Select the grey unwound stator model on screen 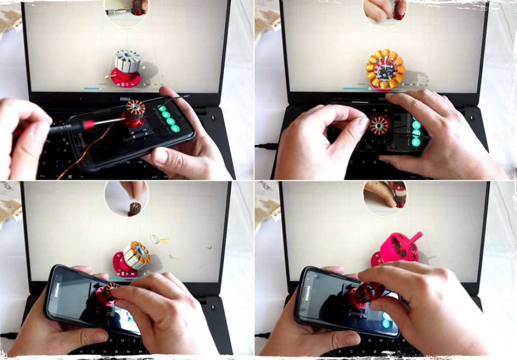pyautogui.click(x=128, y=61)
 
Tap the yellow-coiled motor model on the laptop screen pyautogui.click(x=385, y=69)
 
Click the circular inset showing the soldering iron pyautogui.click(x=126, y=11)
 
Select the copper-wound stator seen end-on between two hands pyautogui.click(x=379, y=125)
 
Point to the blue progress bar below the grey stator pyautogui.click(x=92, y=88)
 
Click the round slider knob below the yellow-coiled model pyautogui.click(x=370, y=89)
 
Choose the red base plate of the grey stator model pyautogui.click(x=126, y=79)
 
